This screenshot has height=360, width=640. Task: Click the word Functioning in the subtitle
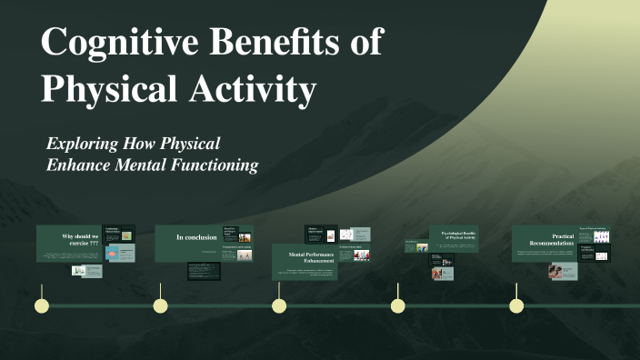[x=218, y=165]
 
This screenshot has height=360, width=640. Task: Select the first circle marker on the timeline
[x=40, y=305]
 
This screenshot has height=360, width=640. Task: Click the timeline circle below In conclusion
[x=160, y=305]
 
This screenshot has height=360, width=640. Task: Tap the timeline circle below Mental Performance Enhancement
[x=279, y=305]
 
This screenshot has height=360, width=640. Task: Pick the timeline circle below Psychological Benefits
[x=397, y=305]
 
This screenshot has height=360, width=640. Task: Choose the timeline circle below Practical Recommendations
[x=516, y=305]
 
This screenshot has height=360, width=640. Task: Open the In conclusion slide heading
[x=196, y=237]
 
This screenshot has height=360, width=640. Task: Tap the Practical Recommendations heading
[x=550, y=239]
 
